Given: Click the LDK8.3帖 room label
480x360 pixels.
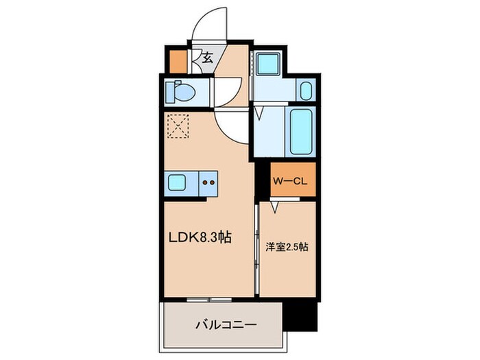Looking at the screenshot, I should point(200,238).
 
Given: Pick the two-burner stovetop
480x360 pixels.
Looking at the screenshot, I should point(207,183).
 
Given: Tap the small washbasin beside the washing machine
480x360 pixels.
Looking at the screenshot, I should point(306,90).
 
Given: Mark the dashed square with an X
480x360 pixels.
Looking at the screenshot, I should point(178,125).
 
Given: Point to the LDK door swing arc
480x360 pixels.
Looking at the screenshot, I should point(230,126).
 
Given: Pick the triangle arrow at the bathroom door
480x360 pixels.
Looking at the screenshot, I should point(261,114).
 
